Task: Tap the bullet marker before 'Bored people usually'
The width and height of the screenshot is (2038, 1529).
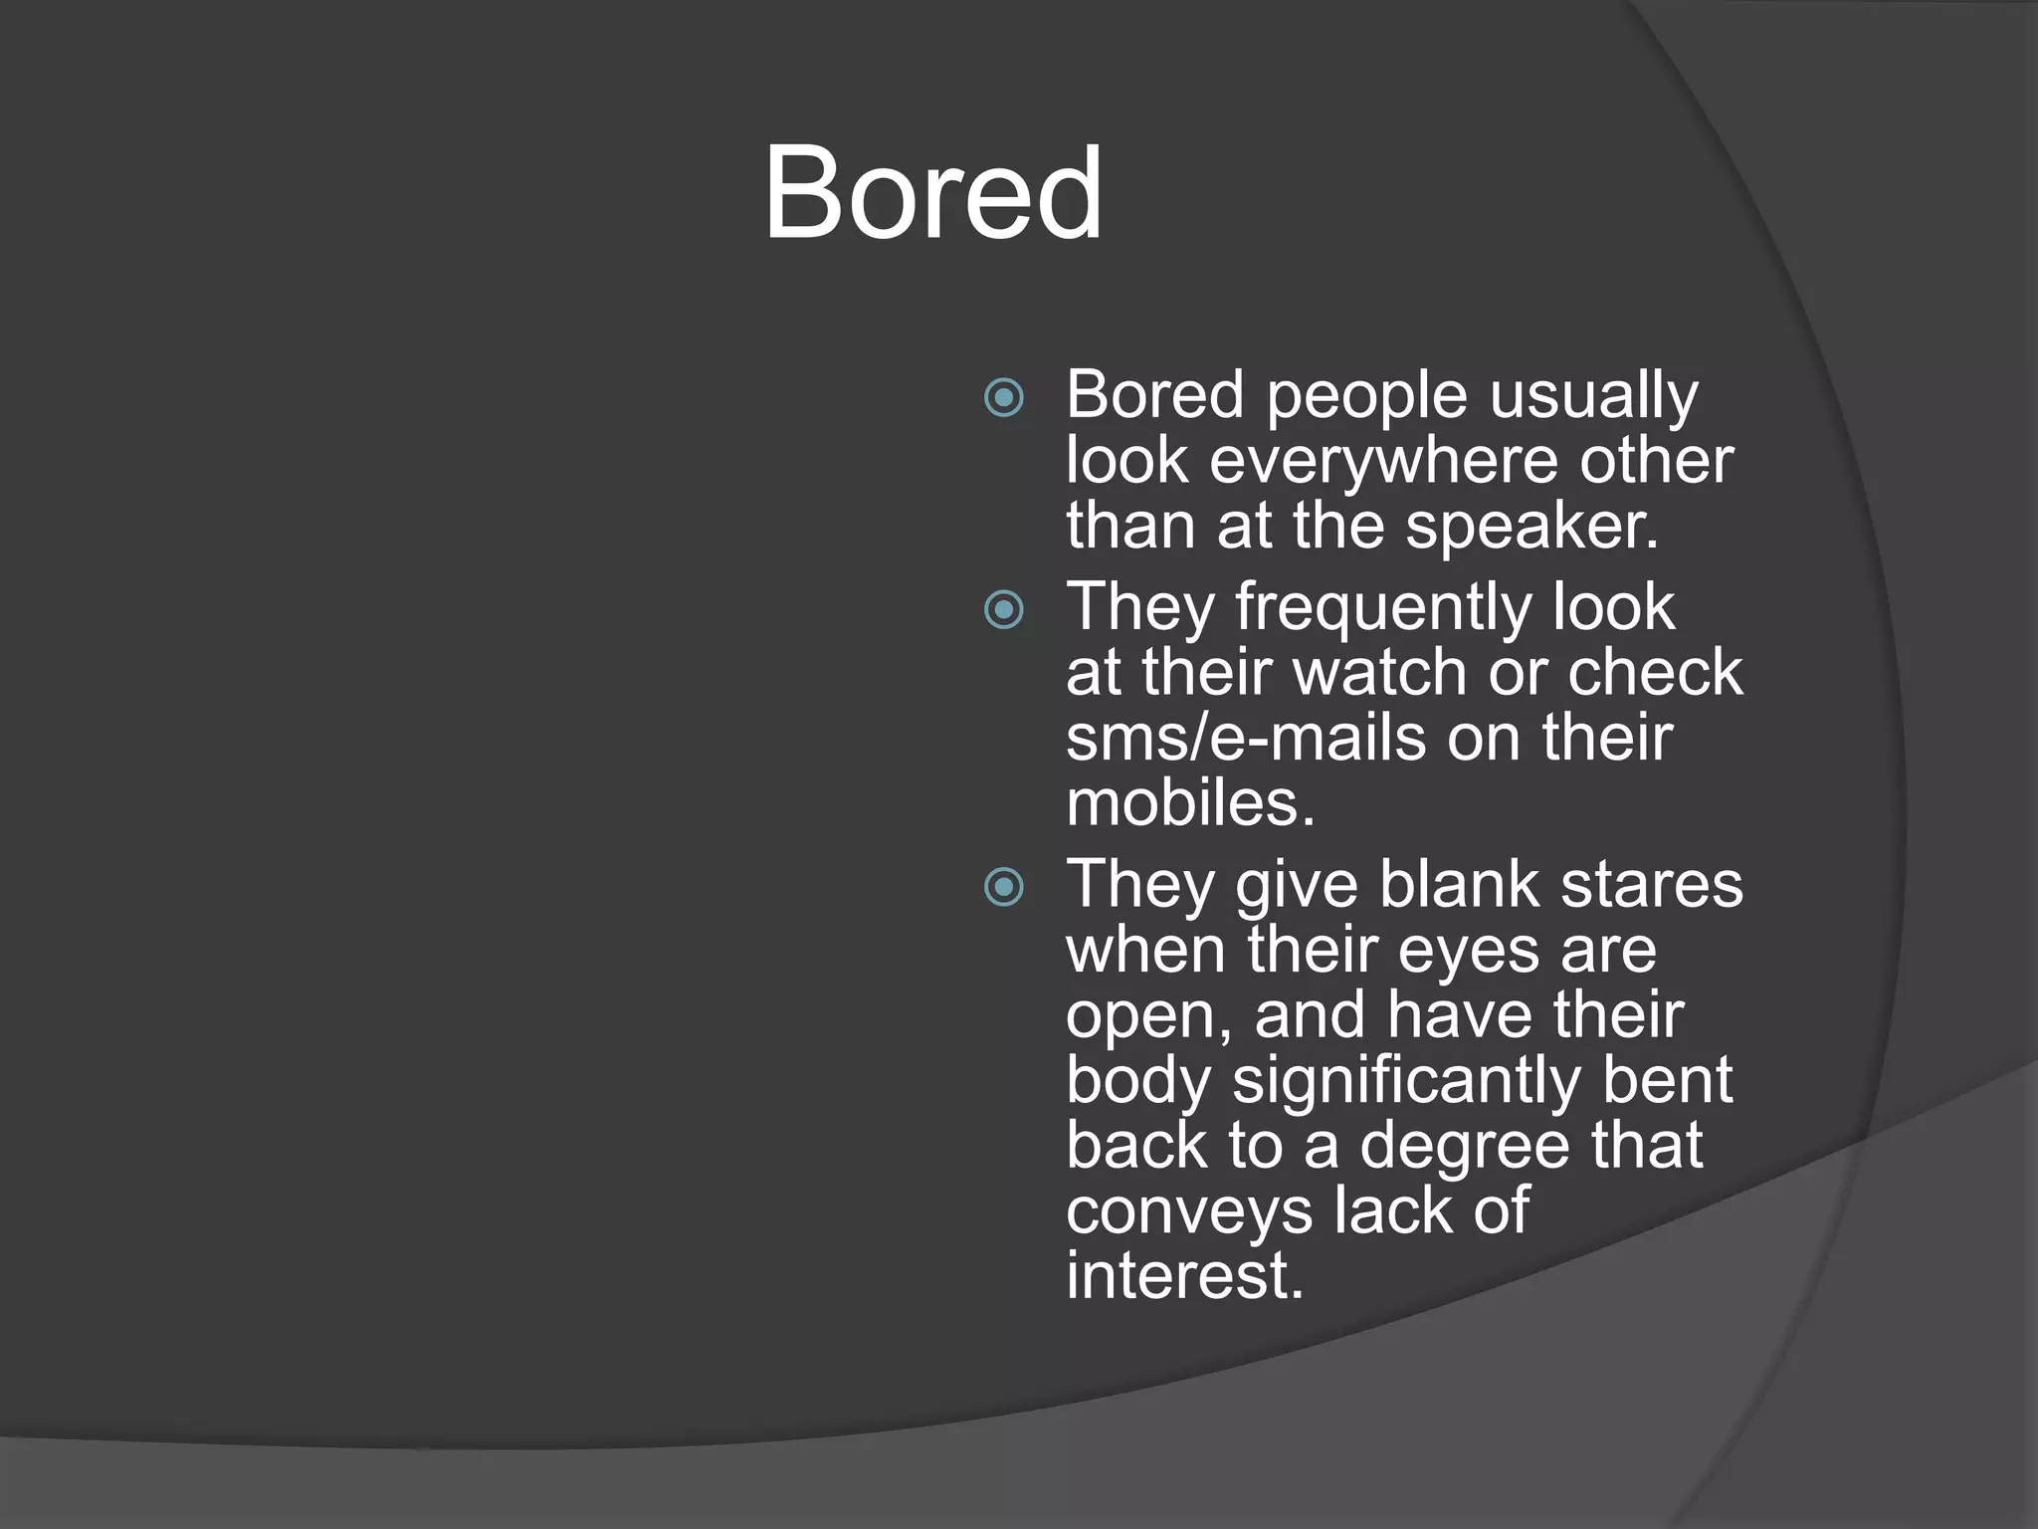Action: point(1003,398)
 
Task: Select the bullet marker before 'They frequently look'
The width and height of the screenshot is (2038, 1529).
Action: point(1003,609)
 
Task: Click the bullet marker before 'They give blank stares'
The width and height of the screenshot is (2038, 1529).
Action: point(1003,886)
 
